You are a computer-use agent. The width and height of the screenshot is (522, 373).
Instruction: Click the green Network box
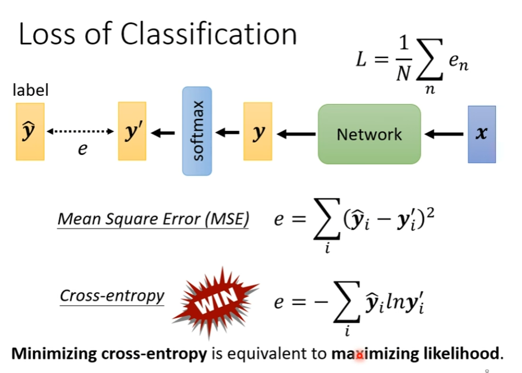[369, 134]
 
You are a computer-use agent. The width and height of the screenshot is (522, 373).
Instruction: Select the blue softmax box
[197, 131]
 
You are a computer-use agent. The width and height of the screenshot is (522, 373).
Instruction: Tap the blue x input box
[481, 134]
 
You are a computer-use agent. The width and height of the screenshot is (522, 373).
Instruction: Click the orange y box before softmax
[258, 132]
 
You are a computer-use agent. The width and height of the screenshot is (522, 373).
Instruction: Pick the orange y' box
[132, 132]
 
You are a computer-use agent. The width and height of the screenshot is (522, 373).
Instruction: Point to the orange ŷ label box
[30, 132]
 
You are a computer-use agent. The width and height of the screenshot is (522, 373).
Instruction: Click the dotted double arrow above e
[80, 132]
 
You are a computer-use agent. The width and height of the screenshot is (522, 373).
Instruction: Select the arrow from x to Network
[444, 134]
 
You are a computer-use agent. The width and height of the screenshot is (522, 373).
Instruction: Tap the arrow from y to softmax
[228, 133]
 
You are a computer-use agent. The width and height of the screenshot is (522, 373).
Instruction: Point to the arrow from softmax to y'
[163, 133]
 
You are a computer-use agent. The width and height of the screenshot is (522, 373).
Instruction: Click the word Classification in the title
[209, 35]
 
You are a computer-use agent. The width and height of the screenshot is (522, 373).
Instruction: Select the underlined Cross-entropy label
[112, 295]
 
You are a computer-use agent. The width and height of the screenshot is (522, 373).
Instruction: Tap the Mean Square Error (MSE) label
[153, 219]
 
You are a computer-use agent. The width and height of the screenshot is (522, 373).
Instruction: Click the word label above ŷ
[31, 90]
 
